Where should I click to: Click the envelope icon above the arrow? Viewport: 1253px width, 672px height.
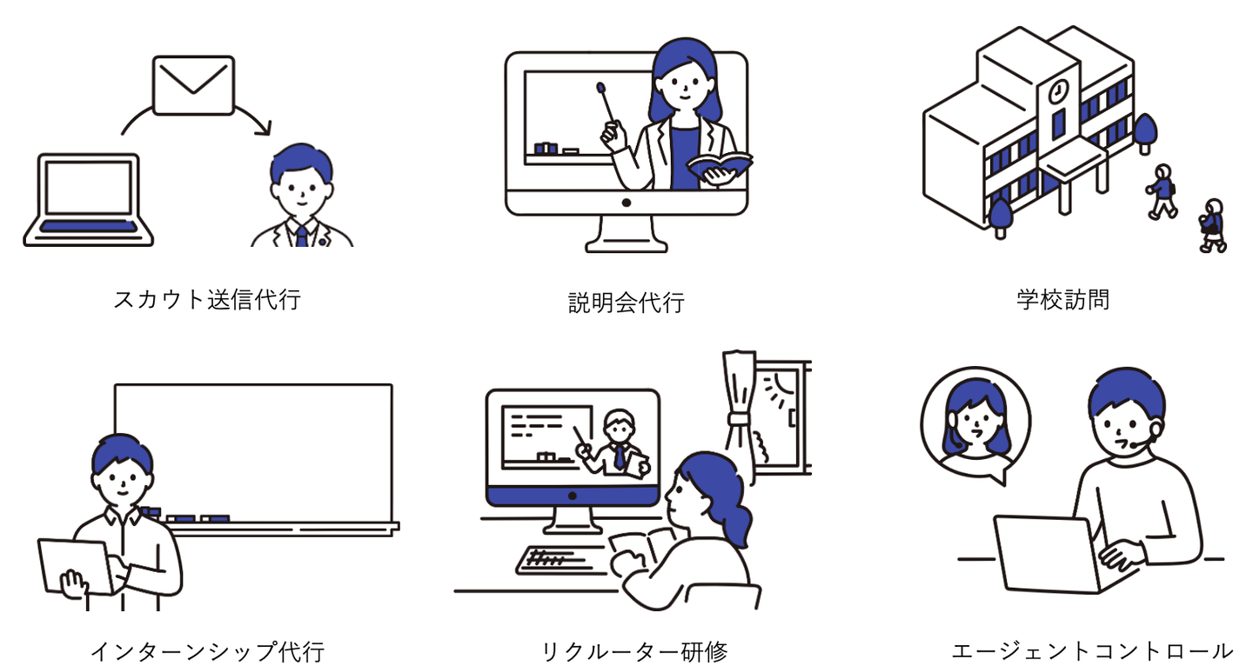193,84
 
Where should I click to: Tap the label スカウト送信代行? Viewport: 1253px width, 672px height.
207,300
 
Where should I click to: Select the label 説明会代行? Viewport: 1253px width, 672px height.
626,303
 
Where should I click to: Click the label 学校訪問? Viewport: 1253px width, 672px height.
1062,300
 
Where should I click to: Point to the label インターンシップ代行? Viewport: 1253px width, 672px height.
207,651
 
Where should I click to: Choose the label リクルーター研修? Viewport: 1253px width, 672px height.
633,651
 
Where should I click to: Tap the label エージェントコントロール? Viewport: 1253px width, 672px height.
1092,651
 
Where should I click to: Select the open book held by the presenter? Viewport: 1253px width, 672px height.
719,163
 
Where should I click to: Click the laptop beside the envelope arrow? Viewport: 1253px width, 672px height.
88,200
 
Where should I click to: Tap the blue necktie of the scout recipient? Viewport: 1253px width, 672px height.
301,236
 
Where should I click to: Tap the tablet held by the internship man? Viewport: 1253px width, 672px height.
73,568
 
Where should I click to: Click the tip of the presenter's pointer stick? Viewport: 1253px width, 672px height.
600,87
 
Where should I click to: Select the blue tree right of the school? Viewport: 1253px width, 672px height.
1144,131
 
